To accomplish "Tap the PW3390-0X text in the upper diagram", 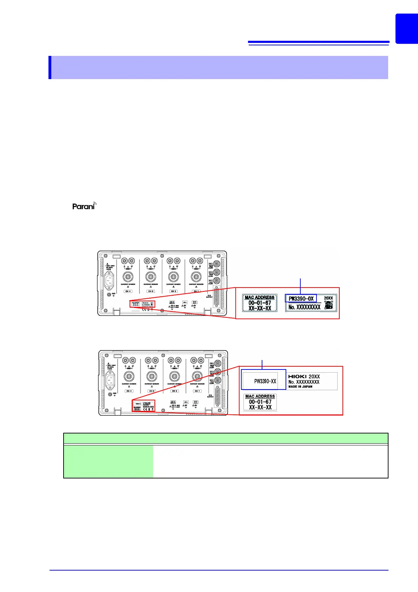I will tap(301, 298).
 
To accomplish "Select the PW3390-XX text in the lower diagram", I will tap(265, 381).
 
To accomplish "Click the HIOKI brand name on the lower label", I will tap(297, 377).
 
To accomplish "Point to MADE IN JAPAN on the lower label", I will tap(300, 386).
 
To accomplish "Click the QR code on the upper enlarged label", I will tap(328, 306).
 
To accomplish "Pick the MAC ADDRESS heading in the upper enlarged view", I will tap(260, 297).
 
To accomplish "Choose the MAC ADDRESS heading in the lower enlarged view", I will tap(260, 396).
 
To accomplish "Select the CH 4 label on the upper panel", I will tap(128, 291).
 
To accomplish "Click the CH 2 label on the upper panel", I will tap(174, 291).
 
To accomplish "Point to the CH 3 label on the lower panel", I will tap(152, 391).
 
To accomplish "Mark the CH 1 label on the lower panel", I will tap(197, 391).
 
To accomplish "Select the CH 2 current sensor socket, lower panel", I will tap(174, 377).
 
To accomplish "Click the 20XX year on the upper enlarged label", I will tap(328, 298).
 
